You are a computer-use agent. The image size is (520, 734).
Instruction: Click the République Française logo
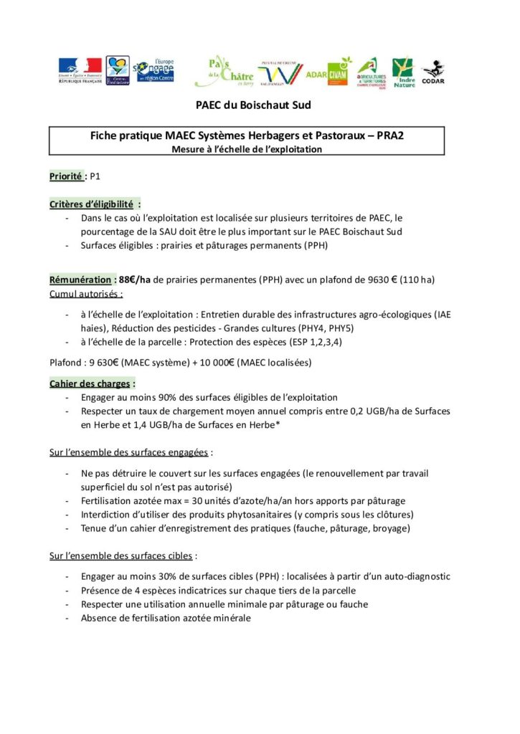[x=80, y=71]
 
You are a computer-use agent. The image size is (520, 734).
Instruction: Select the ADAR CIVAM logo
[x=328, y=72]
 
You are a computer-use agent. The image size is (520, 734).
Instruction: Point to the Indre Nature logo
[x=403, y=72]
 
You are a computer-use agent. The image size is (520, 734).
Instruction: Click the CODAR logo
[x=432, y=72]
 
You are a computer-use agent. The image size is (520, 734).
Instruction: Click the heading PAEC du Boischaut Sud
[x=252, y=105]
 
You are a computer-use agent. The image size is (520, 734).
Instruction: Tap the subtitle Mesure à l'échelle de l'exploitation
[x=247, y=149]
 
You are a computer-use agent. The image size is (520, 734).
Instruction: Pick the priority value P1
[x=95, y=176]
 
